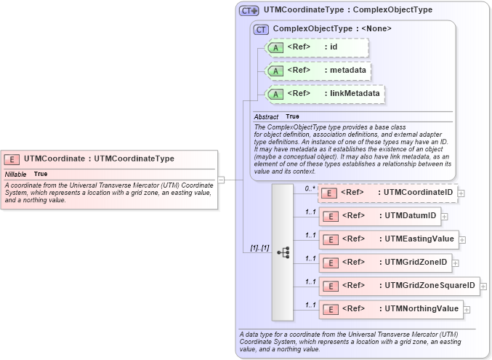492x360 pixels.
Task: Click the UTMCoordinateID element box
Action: (387, 193)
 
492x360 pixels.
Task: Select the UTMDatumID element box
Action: (379, 216)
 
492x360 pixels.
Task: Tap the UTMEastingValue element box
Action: (388, 239)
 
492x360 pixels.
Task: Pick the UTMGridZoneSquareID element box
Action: (399, 285)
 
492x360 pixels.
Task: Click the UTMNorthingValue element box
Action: (390, 308)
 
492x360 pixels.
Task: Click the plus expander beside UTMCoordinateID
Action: (461, 193)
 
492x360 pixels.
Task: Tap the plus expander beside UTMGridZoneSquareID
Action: (483, 286)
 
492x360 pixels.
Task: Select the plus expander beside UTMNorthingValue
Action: (467, 309)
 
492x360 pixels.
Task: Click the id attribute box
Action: (318, 47)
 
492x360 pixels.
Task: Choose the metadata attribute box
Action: (318, 71)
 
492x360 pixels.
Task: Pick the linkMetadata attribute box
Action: (324, 94)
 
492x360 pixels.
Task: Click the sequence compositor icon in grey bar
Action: (283, 252)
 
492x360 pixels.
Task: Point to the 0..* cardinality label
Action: (310, 188)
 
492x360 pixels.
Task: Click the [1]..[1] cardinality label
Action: (259, 248)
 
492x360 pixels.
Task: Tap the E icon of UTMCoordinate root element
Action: (12, 159)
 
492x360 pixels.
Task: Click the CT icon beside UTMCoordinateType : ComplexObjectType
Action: (249, 10)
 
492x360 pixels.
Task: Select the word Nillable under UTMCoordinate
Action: (16, 175)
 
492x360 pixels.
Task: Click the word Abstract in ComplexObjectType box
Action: (266, 117)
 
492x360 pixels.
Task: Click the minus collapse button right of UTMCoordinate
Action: (221, 179)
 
